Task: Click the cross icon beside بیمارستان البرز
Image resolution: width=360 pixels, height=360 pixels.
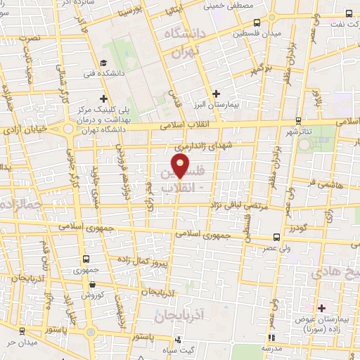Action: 216,94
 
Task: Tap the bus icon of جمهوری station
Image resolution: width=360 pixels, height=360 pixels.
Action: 86,259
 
